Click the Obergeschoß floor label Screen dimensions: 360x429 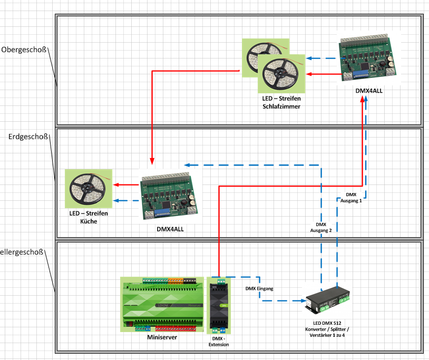tap(24, 50)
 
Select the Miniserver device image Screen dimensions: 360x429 tap(162, 305)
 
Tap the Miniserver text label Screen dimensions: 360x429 tap(162, 337)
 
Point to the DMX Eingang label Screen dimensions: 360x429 tap(259, 289)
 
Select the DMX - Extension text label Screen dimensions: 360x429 tap(219, 341)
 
